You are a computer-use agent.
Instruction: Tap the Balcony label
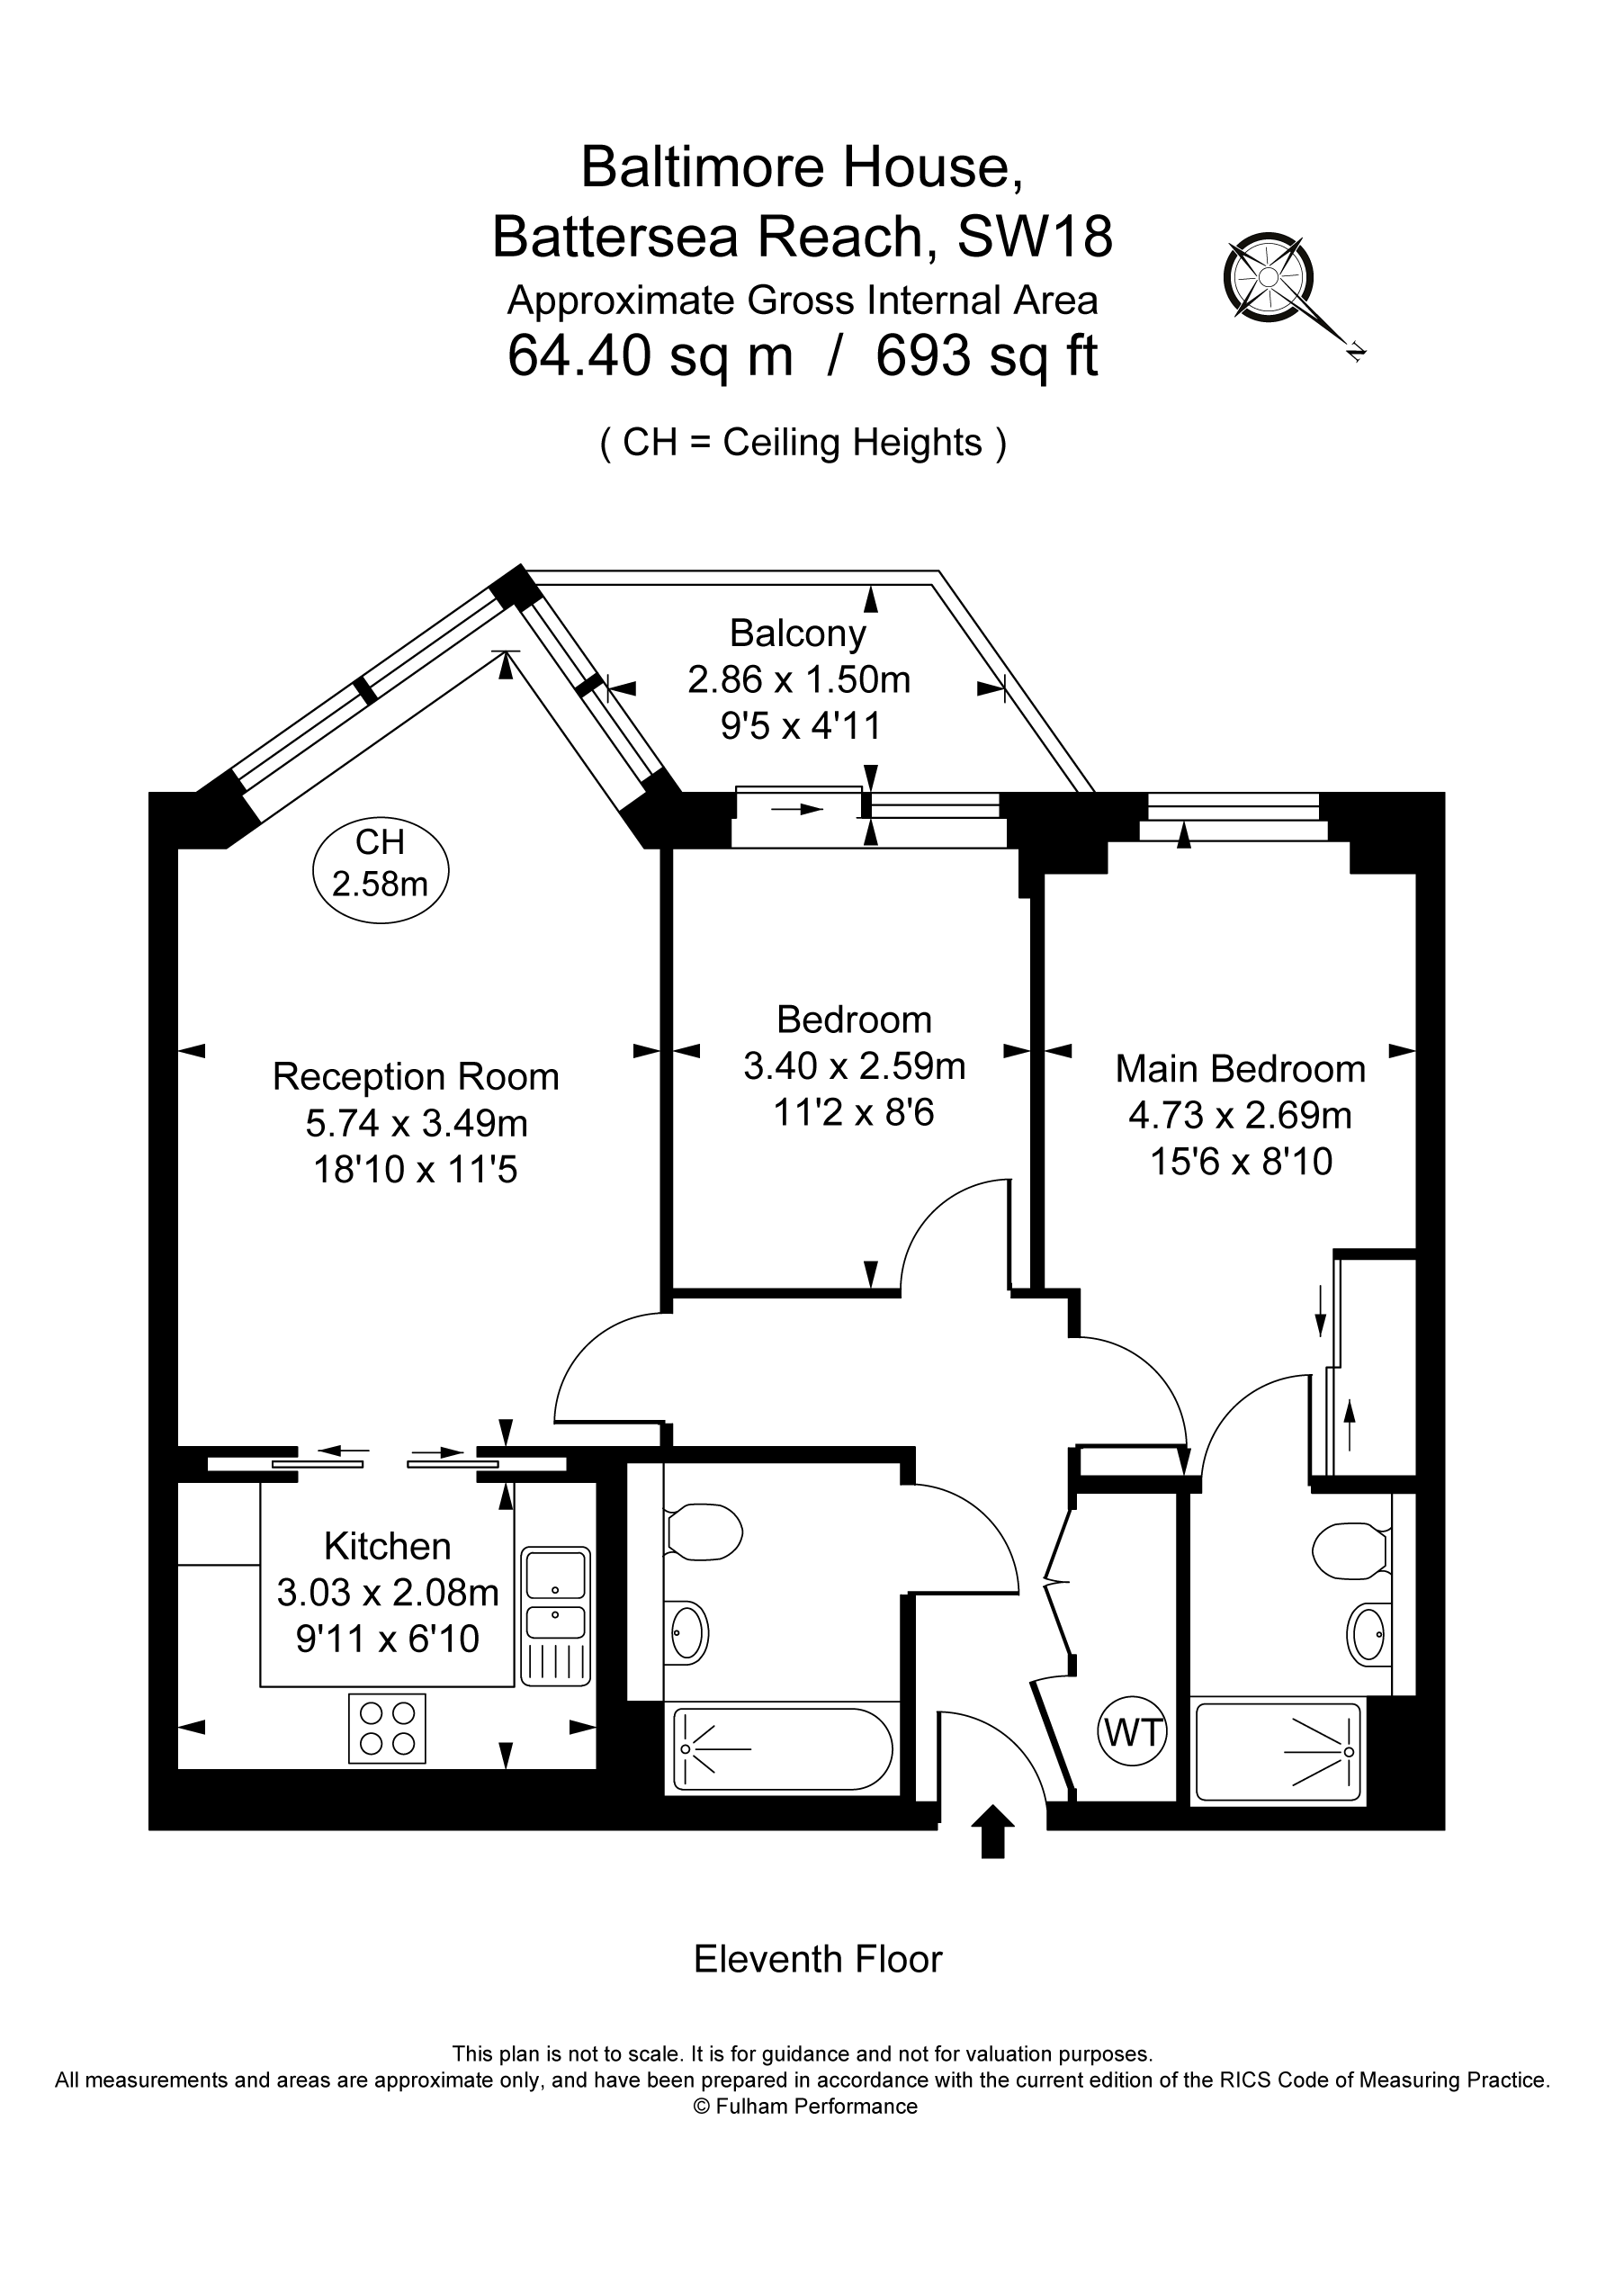coord(798,633)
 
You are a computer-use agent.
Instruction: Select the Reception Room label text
coord(416,1077)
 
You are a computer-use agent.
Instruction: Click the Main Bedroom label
coord(1240,1069)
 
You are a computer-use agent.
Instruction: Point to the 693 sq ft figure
coord(986,356)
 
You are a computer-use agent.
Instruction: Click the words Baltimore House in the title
coord(802,166)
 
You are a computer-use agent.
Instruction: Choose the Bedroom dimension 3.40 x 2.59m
coord(854,1066)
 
